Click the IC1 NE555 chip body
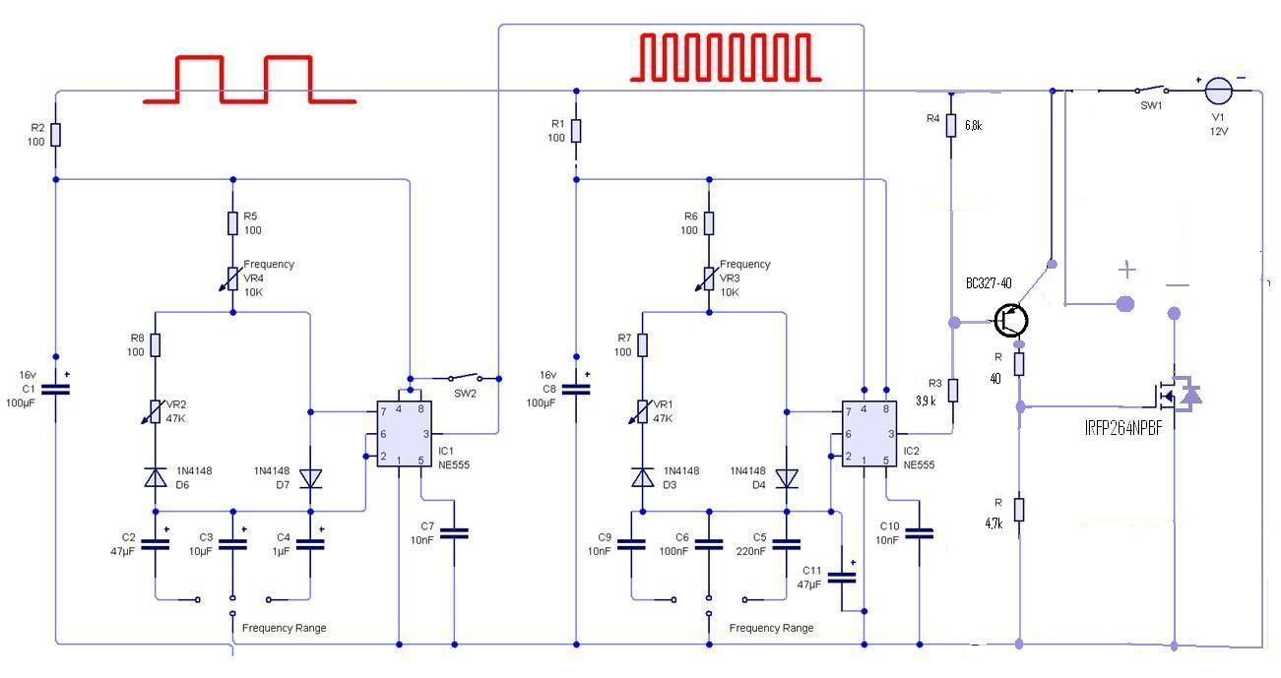click(404, 434)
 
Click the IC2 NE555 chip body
click(868, 434)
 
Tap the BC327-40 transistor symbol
click(1010, 320)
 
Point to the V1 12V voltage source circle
click(1218, 91)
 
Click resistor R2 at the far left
click(55, 135)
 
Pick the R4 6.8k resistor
click(950, 125)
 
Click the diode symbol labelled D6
click(155, 477)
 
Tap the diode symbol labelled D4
click(787, 478)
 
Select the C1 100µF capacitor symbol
click(55, 390)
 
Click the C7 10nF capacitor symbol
click(454, 533)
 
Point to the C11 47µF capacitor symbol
click(842, 578)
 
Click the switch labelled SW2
click(465, 377)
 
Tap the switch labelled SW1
click(1152, 90)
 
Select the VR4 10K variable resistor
click(232, 279)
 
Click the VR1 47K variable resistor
click(642, 411)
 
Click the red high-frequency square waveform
click(726, 57)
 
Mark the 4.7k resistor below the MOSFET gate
click(1018, 510)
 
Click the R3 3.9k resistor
click(952, 390)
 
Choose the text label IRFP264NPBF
click(1123, 428)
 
